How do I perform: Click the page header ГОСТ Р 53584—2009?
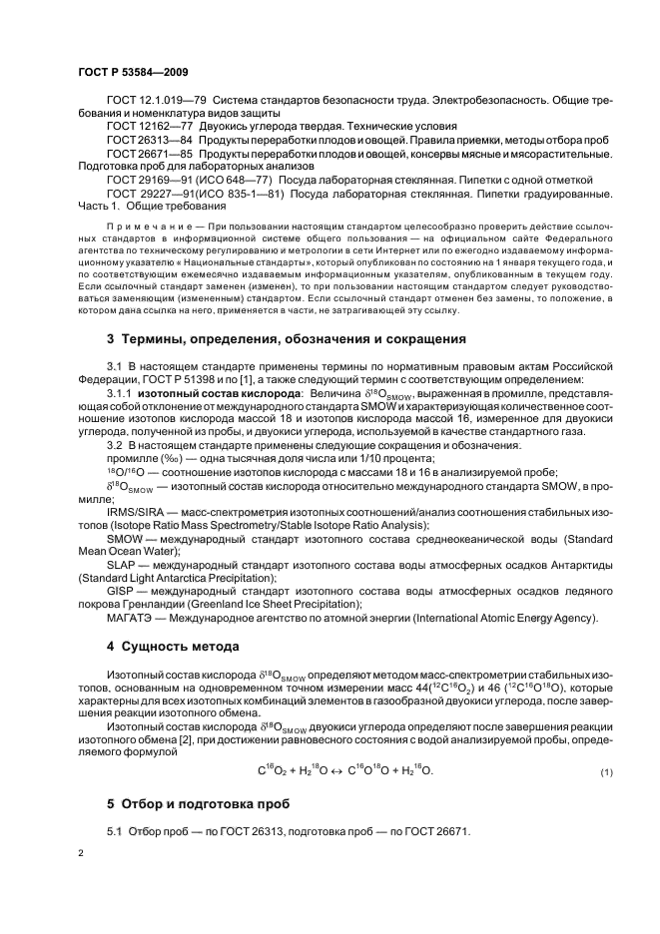click(x=129, y=73)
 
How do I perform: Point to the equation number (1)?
click(x=604, y=774)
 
